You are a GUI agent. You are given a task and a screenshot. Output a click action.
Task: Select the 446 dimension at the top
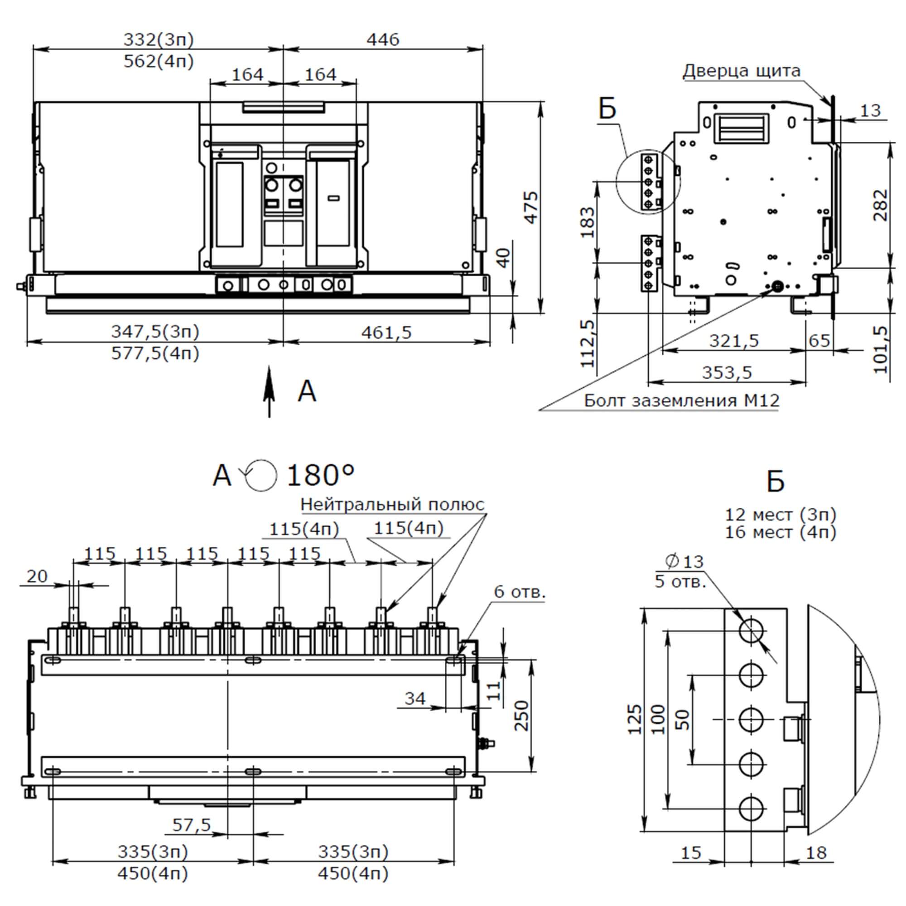point(383,40)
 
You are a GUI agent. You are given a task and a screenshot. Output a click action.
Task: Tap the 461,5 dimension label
point(386,333)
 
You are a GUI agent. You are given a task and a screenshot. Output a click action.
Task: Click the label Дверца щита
point(741,71)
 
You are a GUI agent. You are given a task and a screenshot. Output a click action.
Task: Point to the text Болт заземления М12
point(681,400)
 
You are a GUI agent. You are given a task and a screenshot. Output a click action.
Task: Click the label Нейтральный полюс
point(392,505)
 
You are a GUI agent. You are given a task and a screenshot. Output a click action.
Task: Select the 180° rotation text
point(320,476)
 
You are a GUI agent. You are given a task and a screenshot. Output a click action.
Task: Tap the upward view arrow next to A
point(269,391)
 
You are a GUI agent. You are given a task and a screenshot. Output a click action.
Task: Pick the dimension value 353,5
point(727,372)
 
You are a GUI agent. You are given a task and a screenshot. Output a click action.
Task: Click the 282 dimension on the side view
point(881,205)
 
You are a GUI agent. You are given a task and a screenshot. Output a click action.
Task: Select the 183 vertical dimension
point(587,222)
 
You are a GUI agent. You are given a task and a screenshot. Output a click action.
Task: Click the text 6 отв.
point(520,592)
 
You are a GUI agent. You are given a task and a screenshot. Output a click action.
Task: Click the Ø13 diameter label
point(684,561)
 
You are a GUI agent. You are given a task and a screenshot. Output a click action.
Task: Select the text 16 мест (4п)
point(781,533)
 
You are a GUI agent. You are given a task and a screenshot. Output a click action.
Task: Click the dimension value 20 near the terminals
point(37,576)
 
